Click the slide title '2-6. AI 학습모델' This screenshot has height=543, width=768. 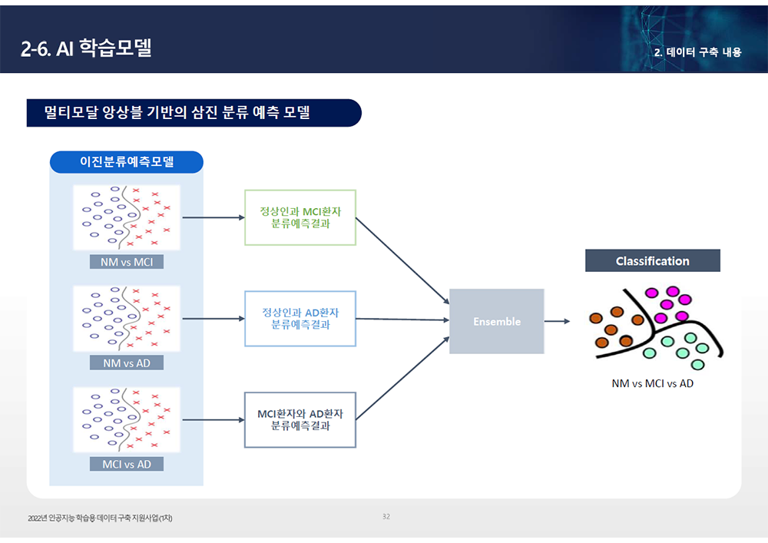(86, 48)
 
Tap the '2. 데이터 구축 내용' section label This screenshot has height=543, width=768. (697, 53)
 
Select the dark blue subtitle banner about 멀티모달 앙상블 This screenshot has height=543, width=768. (193, 113)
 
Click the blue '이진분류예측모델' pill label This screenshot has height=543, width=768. (127, 162)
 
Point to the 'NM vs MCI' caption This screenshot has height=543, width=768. (127, 262)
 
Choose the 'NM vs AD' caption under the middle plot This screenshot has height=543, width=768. (127, 363)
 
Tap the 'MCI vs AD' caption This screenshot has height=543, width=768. (127, 464)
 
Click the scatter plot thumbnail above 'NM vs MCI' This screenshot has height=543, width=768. (127, 217)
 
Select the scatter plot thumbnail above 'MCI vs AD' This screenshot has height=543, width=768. (127, 419)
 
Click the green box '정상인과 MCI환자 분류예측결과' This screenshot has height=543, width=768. (300, 217)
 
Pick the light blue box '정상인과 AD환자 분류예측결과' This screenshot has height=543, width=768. (300, 319)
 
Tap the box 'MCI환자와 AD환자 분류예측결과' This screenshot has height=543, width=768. (300, 419)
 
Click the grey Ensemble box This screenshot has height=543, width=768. (496, 321)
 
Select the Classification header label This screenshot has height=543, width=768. (652, 261)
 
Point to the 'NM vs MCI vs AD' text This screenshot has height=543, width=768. (652, 383)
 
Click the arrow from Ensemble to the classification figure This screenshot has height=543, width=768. (557, 321)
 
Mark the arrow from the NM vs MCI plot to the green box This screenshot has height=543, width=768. (213, 217)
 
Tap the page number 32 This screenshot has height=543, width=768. (386, 516)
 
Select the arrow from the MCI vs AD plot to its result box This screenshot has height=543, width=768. (213, 419)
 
